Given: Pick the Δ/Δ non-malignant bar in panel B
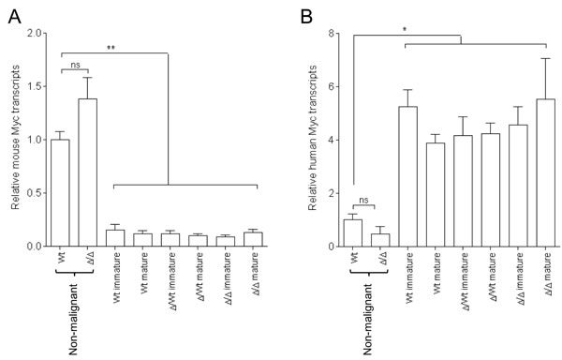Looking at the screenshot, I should click(x=380, y=240).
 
